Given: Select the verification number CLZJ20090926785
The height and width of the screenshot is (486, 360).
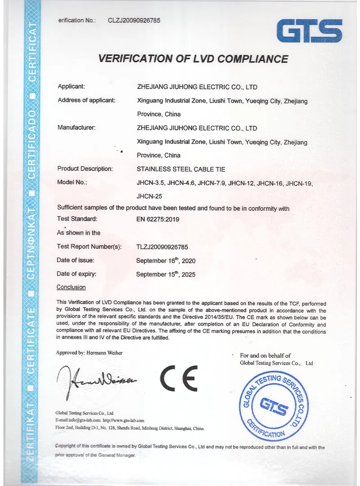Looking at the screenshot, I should [134, 20].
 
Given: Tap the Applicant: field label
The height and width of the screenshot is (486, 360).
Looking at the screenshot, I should [72, 86].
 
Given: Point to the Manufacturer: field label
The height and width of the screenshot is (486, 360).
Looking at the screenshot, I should [76, 128].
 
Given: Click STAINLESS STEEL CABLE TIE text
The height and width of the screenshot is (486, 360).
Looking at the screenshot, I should [180, 169].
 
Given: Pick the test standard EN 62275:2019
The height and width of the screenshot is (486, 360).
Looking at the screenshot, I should [158, 219].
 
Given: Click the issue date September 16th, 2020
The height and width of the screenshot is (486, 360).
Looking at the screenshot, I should [166, 261].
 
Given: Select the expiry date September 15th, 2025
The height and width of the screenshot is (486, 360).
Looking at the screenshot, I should [166, 274].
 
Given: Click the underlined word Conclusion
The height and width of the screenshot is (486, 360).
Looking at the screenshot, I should [71, 287].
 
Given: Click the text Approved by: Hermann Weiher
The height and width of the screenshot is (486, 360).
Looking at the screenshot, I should [89, 353].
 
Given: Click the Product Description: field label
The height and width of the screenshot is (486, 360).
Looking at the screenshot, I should [85, 169].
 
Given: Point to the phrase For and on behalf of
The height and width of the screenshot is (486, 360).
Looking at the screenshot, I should [265, 355].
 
